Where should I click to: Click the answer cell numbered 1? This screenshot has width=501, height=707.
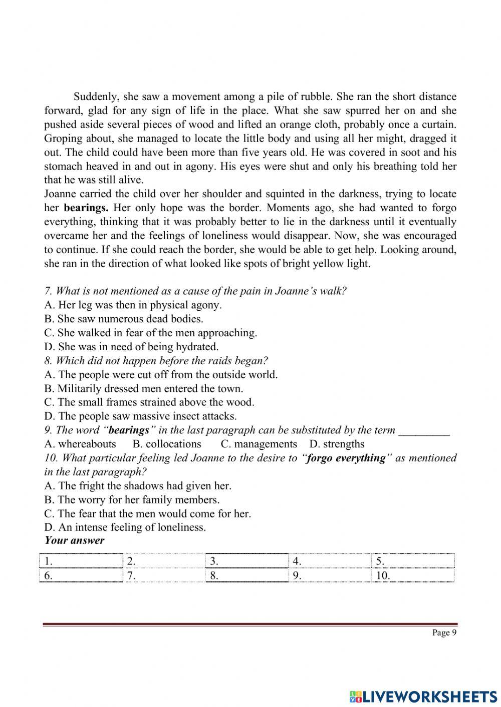pos(81,561)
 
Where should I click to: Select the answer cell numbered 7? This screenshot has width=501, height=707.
pos(164,575)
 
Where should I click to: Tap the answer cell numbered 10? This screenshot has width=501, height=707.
pos(413,575)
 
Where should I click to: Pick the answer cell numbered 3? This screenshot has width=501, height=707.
pos(247,561)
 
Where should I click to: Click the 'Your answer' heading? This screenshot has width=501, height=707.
pos(74,540)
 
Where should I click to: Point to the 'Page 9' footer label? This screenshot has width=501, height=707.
pos(444,633)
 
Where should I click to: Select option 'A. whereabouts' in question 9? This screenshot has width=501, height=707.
pos(80,444)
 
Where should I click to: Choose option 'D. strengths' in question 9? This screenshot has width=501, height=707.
pos(337,444)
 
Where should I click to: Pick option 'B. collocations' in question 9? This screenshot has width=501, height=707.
pos(167,444)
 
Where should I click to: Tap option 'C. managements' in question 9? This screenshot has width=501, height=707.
pos(259,444)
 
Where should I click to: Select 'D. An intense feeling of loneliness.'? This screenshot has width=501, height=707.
pos(125,527)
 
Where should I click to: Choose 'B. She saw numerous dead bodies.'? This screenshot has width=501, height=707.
pos(124,319)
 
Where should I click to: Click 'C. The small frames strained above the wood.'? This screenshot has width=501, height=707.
pos(149,402)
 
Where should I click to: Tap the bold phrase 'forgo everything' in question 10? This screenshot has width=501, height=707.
pos(346,458)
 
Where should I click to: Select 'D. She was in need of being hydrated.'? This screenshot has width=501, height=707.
pos(131,347)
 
